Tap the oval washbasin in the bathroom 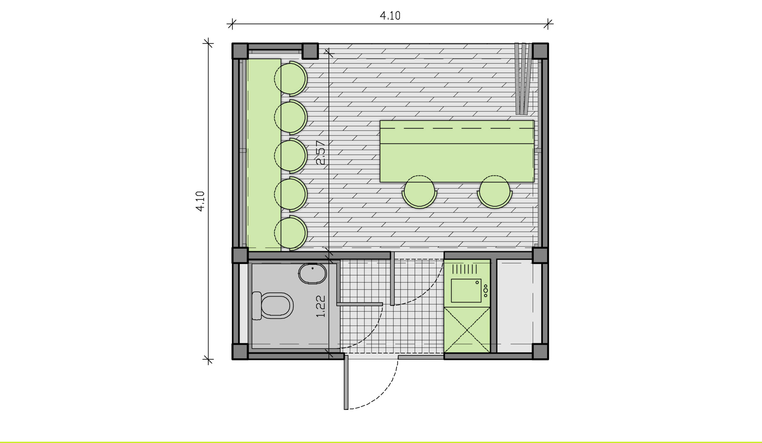pos(312,274)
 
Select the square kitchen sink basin pos(466,291)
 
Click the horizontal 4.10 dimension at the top pos(390,16)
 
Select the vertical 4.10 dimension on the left pos(200,201)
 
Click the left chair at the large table pos(419,192)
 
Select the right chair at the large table pos(495,192)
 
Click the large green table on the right pos(457,151)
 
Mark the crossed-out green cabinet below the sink pos(467,330)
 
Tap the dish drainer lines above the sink pos(464,269)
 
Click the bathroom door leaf pos(359,304)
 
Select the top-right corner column pos(540,51)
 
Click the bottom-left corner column pos(240,352)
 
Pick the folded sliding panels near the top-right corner pos(523,79)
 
